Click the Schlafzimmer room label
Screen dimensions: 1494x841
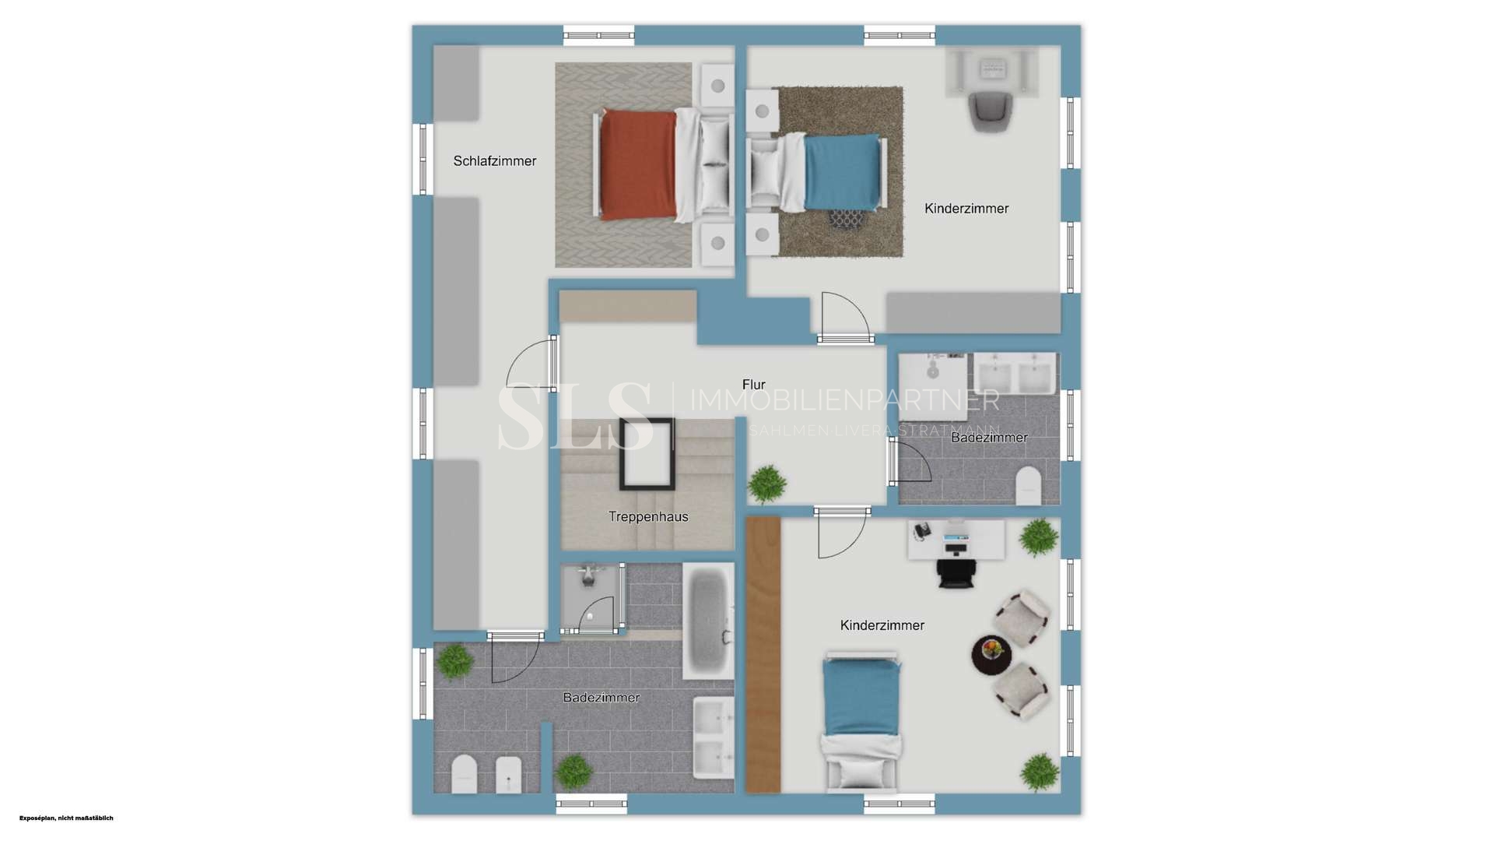coord(495,161)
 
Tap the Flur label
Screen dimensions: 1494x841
coord(753,385)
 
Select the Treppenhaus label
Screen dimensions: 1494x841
coord(648,516)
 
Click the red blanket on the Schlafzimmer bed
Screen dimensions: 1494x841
coord(638,165)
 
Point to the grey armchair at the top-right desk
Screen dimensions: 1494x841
coord(991,111)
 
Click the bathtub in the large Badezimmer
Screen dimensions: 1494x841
coord(708,621)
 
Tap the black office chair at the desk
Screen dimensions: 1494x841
coord(956,571)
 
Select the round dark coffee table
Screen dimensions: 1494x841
coord(991,656)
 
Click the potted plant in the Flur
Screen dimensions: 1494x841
coord(767,484)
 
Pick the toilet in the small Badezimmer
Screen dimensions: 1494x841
coord(1028,485)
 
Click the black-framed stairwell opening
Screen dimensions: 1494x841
coord(647,454)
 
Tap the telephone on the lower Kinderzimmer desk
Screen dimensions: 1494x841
coord(922,530)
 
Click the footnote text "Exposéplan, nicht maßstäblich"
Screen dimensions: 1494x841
coord(66,818)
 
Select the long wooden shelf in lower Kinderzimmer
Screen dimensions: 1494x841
coord(763,655)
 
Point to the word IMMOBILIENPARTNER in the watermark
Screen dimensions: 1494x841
coord(844,400)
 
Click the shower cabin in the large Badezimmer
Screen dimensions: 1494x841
coord(593,598)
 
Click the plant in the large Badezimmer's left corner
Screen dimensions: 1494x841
coord(454,661)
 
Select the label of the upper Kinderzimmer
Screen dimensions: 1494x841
coord(966,209)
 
